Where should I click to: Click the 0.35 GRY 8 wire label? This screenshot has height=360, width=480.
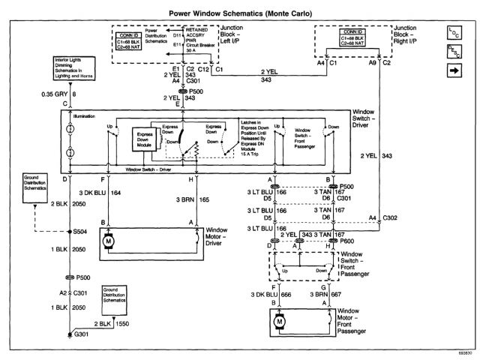(45, 94)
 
